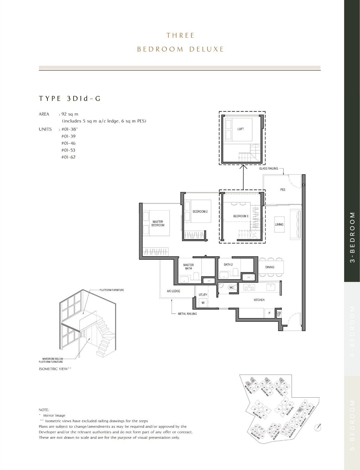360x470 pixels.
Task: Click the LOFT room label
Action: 241,129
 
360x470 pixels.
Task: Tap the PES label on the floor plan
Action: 283,190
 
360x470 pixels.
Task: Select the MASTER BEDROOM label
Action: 158,223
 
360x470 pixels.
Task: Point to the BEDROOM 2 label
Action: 200,211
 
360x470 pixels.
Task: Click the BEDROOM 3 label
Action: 241,216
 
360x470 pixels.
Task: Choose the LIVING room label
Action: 279,224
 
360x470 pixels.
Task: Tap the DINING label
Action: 270,267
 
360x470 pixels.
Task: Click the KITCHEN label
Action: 259,300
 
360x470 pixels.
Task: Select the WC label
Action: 231,287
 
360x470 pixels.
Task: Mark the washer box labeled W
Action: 203,302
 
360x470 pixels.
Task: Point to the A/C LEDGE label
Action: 174,291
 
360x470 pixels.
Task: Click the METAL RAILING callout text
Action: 187,314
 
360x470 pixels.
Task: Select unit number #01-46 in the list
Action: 68,143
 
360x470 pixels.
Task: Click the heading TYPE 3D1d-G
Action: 70,99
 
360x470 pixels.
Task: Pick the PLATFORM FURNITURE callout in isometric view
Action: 112,290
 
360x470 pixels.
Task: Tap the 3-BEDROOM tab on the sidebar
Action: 352,237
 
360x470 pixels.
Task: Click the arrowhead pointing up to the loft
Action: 243,166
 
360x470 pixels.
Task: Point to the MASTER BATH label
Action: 188,266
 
